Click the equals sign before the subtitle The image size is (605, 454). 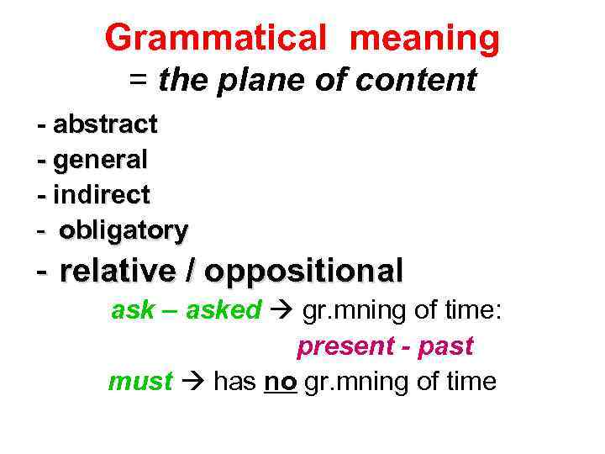pyautogui.click(x=139, y=82)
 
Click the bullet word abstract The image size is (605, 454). pyautogui.click(x=105, y=124)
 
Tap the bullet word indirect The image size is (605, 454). pyautogui.click(x=102, y=195)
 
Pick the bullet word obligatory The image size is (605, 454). pyautogui.click(x=124, y=230)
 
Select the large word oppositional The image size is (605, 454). pyautogui.click(x=303, y=271)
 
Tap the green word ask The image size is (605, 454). pyautogui.click(x=133, y=310)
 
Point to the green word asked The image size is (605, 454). pyautogui.click(x=224, y=310)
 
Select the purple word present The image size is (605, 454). pyautogui.click(x=345, y=346)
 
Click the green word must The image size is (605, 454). pyautogui.click(x=140, y=382)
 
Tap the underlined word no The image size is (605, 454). pyautogui.click(x=276, y=382)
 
